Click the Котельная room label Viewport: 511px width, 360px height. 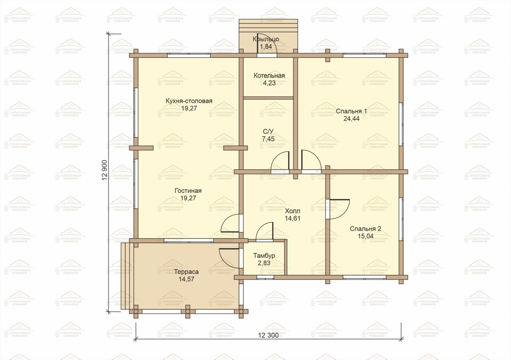click(x=269, y=75)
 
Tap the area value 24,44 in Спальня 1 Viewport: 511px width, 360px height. click(x=351, y=119)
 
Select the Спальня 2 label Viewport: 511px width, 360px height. click(x=365, y=229)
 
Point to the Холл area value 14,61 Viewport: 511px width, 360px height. click(x=293, y=218)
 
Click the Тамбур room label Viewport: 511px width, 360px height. click(x=264, y=256)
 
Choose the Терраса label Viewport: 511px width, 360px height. click(x=187, y=272)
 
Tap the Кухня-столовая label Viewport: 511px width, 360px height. click(x=189, y=101)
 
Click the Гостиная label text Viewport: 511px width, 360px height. click(x=188, y=191)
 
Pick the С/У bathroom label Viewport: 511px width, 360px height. click(x=268, y=131)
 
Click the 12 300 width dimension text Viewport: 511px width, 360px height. click(x=268, y=335)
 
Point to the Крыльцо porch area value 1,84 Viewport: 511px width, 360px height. click(x=266, y=46)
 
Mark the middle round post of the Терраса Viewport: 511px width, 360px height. click(x=187, y=311)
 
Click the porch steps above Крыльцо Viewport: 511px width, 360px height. click(x=268, y=26)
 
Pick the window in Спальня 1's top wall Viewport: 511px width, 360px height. click(x=365, y=55)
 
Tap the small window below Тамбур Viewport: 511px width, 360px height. click(x=265, y=277)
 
